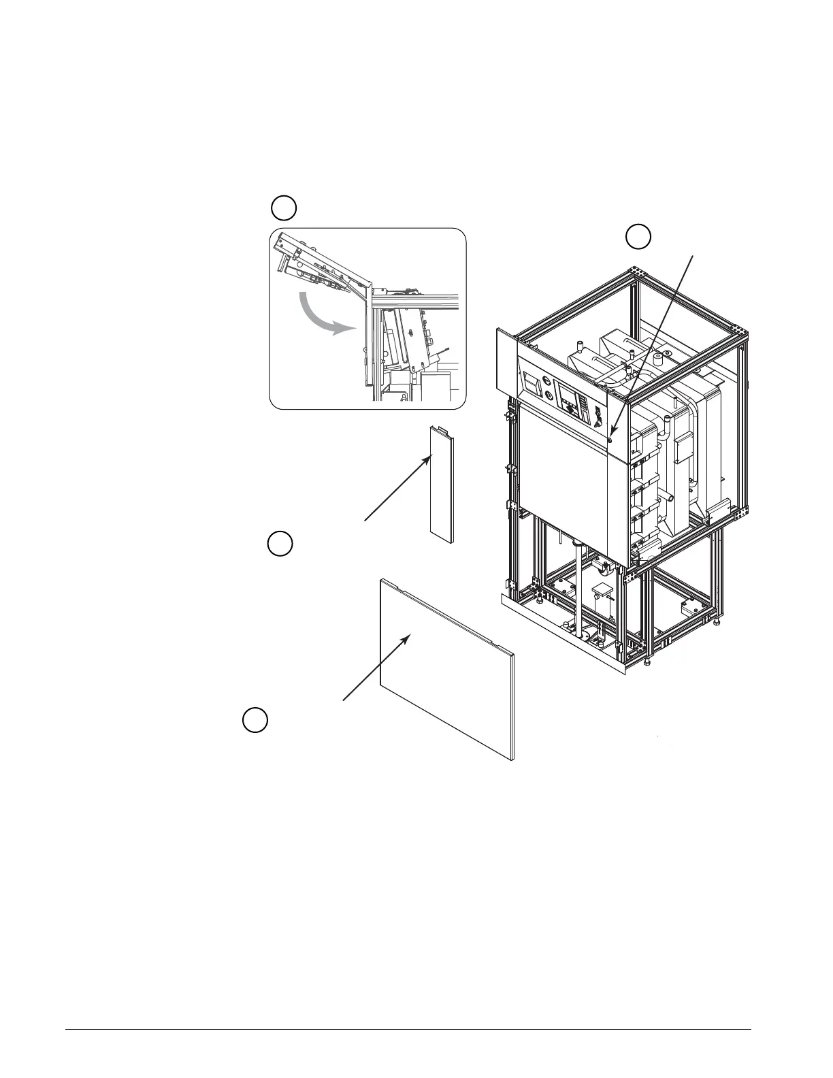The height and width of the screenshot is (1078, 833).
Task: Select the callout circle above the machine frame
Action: (638, 236)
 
